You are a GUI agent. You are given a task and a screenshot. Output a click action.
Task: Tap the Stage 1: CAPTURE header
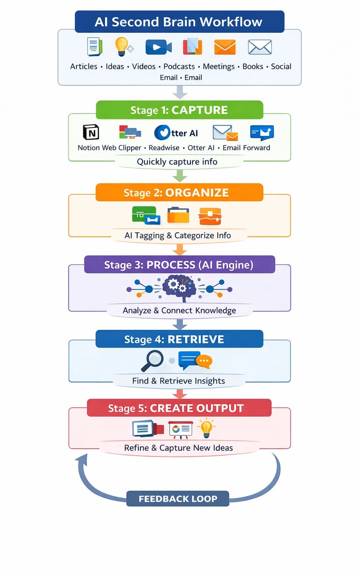[179, 110]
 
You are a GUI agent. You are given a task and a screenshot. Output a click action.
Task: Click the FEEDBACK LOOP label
[178, 498]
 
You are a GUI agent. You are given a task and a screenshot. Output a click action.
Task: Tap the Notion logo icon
[91, 133]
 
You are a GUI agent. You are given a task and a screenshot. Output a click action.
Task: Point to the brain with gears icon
[178, 287]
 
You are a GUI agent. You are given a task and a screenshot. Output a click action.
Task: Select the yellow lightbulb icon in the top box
[122, 47]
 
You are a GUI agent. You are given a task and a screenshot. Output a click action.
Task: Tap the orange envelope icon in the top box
[225, 47]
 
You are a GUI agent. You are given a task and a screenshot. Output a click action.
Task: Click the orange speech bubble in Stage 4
[204, 361]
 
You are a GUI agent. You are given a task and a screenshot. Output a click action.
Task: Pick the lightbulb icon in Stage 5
[206, 428]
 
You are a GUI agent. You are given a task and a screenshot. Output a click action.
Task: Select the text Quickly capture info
[177, 162]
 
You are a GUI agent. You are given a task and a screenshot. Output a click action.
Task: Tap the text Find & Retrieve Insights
[179, 381]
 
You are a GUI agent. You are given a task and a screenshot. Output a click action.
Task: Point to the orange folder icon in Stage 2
[178, 215]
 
